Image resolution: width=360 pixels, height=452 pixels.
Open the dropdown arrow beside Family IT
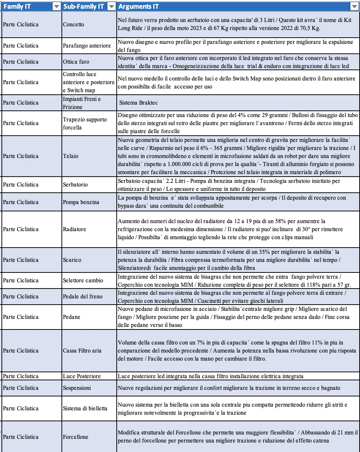point(56,6)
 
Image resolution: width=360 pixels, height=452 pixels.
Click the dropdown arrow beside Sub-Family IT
point(111,6)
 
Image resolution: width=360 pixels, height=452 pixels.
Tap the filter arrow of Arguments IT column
point(354,6)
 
